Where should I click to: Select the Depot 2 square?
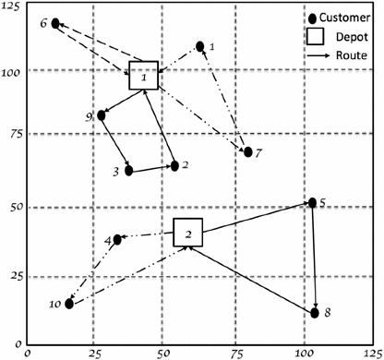188,233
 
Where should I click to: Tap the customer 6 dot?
55,23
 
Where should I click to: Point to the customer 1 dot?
200,45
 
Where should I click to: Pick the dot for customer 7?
248,151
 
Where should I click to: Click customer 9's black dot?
102,115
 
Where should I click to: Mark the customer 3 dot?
129,171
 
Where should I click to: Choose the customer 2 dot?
174,166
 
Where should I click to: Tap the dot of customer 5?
312,202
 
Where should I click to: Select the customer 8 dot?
315,313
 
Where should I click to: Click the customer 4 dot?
117,240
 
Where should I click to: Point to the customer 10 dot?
69,303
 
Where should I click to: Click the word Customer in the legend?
347,18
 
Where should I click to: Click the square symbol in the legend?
318,36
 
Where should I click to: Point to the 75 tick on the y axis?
12,134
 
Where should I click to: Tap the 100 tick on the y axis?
10,69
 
